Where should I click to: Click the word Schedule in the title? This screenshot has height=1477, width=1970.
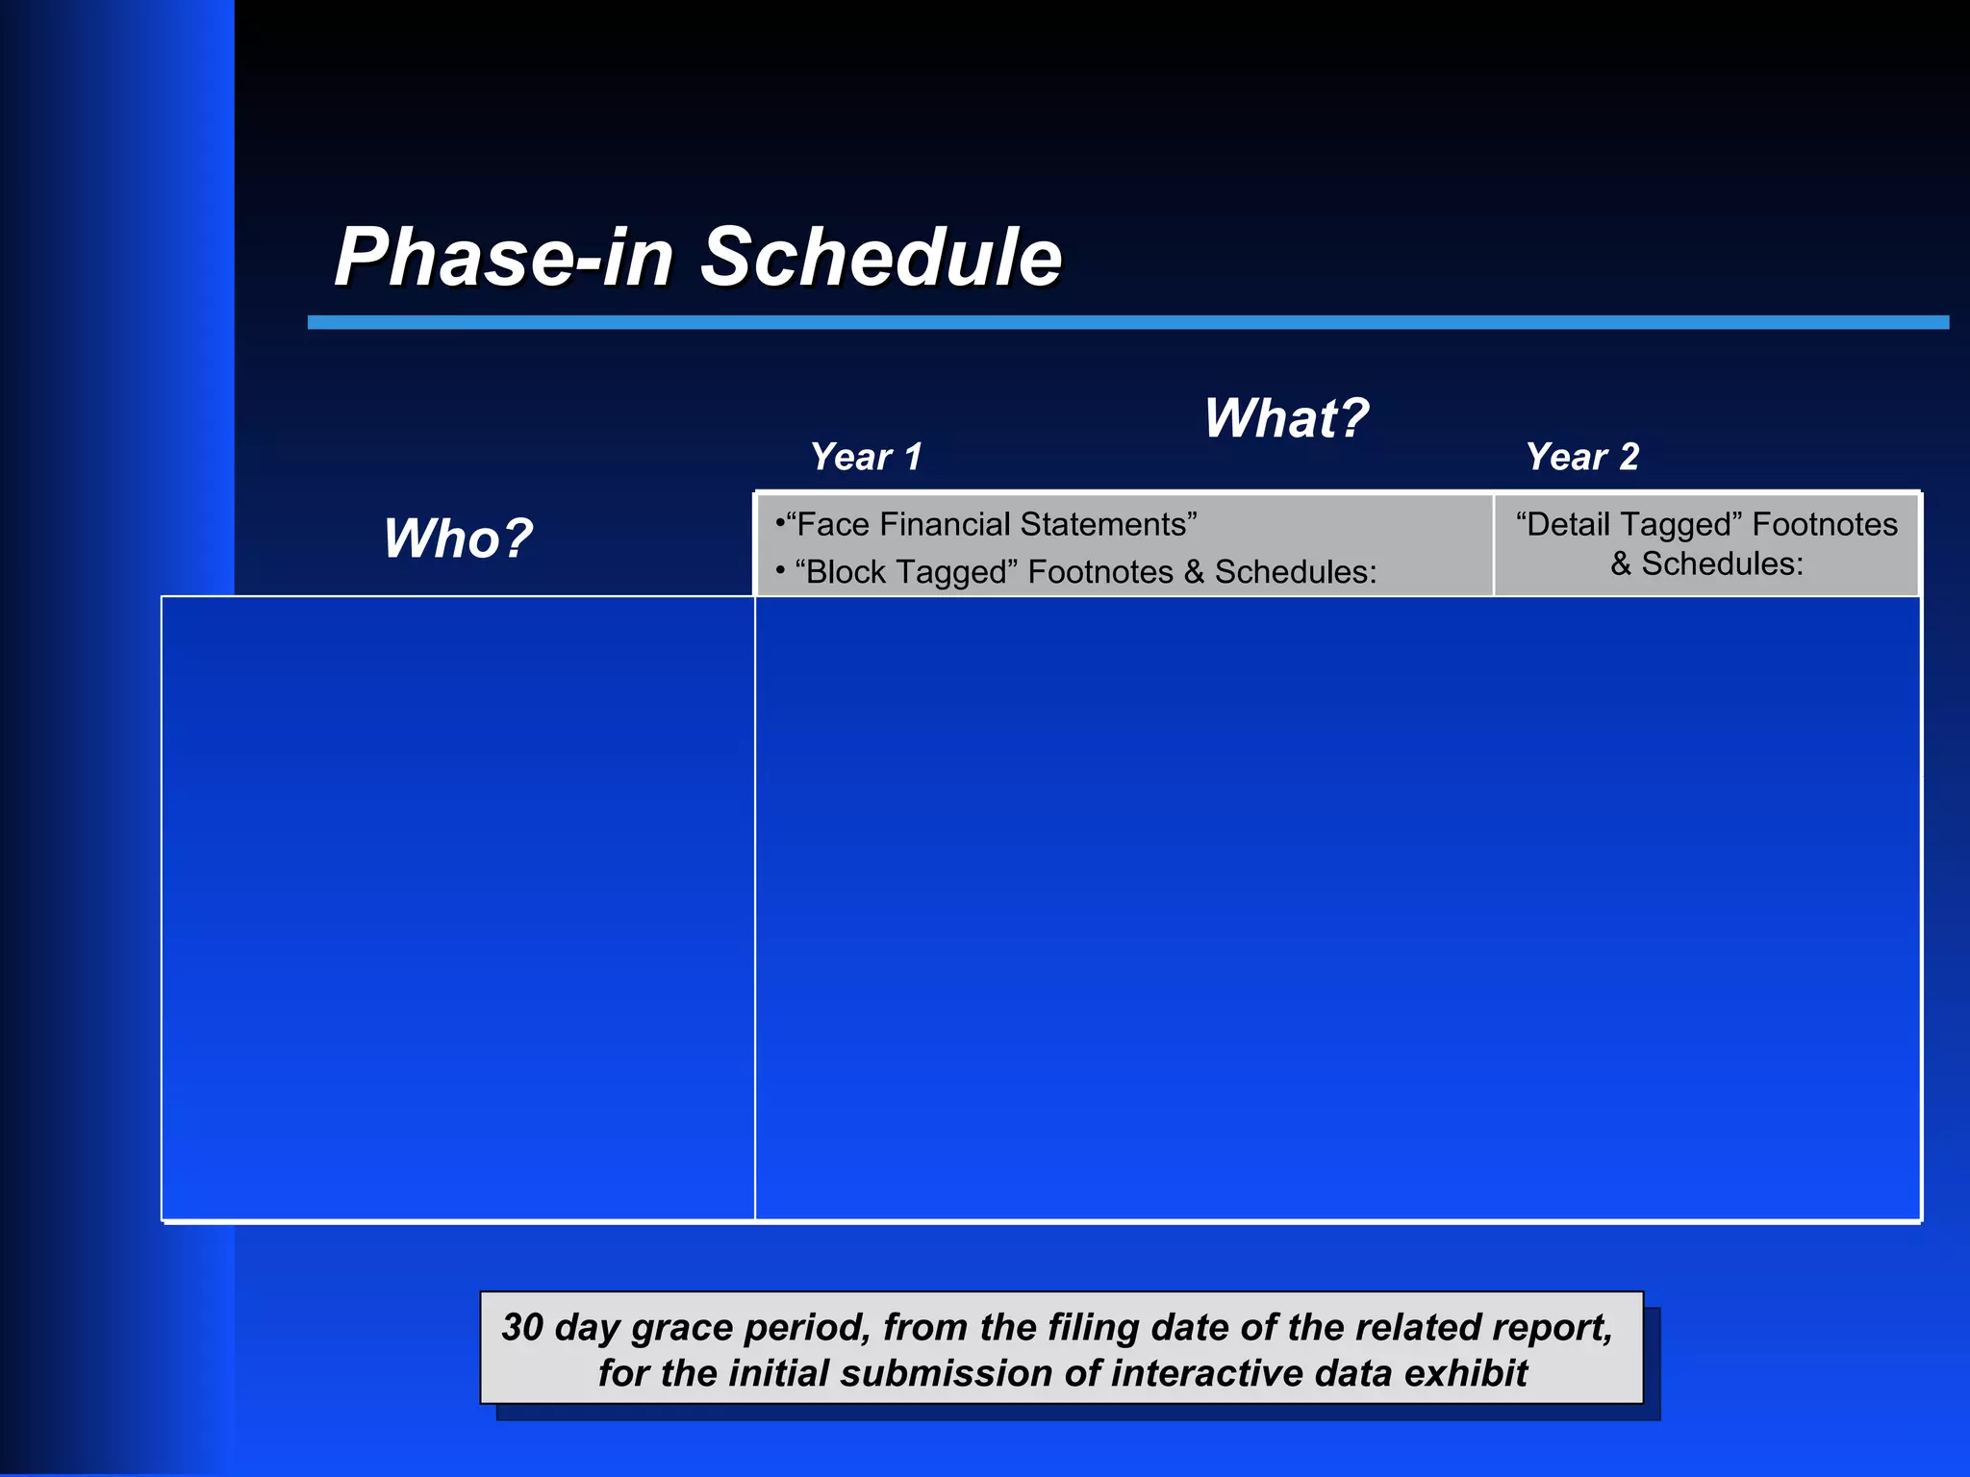point(880,257)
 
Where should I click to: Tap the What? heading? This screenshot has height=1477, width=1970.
point(1286,418)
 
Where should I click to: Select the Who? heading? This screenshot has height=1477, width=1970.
point(458,538)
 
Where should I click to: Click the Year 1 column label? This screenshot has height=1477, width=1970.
point(866,457)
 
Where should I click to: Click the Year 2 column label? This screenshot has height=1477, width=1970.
point(1582,457)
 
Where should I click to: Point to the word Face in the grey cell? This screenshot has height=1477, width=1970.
point(833,525)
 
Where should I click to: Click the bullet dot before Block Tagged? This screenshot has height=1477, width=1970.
point(780,570)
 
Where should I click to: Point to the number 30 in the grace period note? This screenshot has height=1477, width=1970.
point(522,1327)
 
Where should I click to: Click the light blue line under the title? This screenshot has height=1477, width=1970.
point(1125,322)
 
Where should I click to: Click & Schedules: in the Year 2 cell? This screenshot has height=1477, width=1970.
point(1706,564)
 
